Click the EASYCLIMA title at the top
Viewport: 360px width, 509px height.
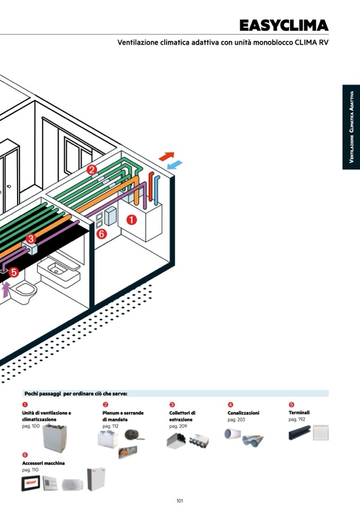pos(284,25)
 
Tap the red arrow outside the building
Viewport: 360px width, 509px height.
pos(167,156)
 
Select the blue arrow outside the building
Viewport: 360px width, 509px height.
pos(175,165)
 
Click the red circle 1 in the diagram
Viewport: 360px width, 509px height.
pos(131,219)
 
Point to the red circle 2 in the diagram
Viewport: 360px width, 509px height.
pos(92,170)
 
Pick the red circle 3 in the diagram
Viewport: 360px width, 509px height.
pos(30,239)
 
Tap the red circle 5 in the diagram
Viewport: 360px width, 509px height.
pos(14,272)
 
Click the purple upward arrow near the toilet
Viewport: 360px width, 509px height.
pos(6,290)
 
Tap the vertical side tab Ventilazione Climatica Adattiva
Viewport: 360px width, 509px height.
pos(351,127)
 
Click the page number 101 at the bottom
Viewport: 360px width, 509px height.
pos(179,501)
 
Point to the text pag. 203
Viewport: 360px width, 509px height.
pos(236,419)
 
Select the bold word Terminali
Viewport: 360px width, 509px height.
pos(299,412)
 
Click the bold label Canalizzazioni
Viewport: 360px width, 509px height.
pos(243,413)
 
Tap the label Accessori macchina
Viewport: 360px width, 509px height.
pos(44,463)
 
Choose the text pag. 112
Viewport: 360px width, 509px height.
pos(110,426)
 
